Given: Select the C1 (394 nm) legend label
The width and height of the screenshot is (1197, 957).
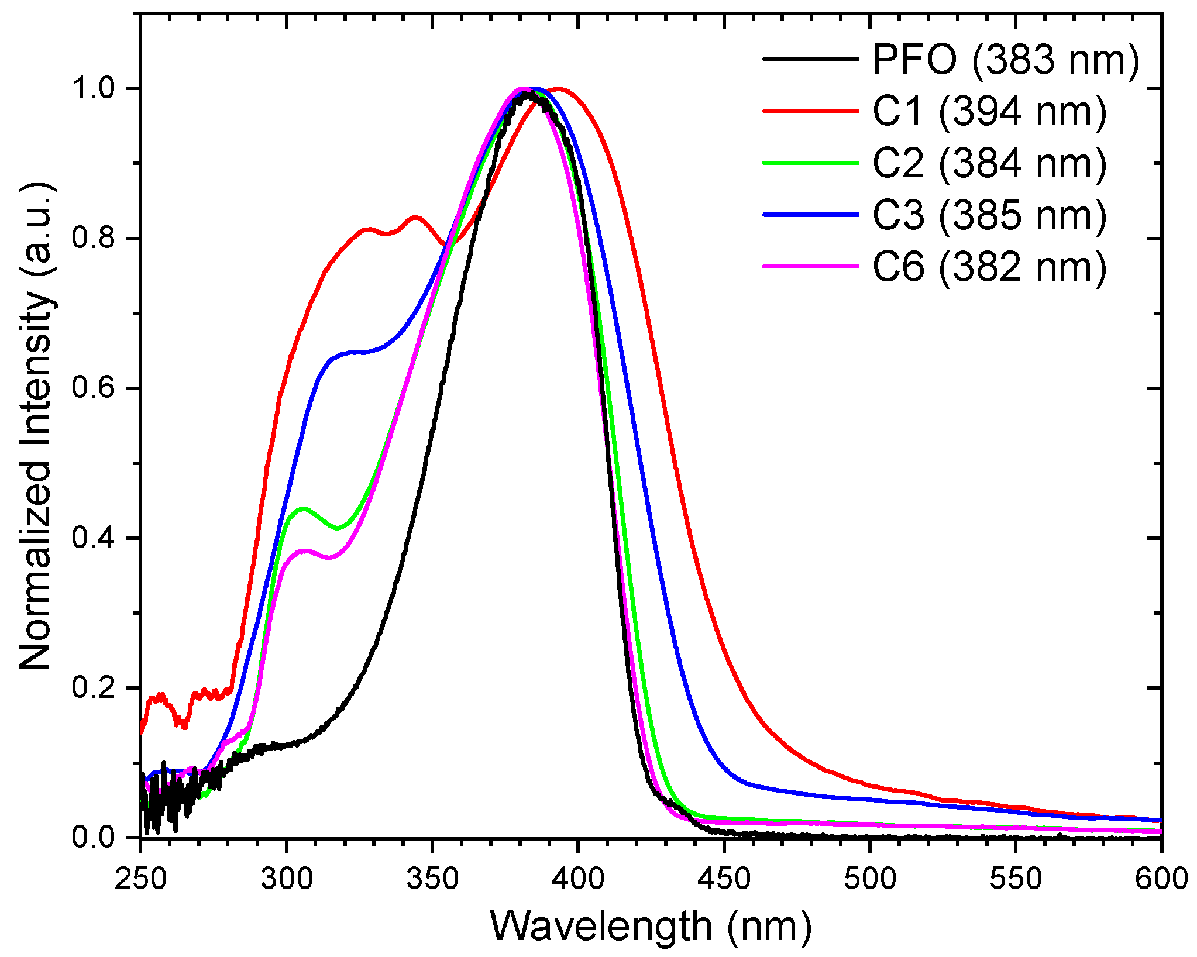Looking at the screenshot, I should click(x=989, y=111).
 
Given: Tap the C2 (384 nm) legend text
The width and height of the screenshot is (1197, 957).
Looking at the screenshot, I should click(x=989, y=163).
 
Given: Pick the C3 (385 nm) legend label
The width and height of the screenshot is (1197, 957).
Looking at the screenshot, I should click(x=989, y=215).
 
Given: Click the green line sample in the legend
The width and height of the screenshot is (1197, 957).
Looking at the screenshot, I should click(x=811, y=163).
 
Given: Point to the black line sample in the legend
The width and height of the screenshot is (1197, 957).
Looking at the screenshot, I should click(x=811, y=59).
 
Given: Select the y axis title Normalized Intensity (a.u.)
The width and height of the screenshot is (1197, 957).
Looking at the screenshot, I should click(x=36, y=426).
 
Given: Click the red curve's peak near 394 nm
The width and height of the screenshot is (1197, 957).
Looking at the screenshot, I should click(x=559, y=89).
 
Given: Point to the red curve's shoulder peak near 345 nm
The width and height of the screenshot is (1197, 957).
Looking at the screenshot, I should click(x=416, y=217).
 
